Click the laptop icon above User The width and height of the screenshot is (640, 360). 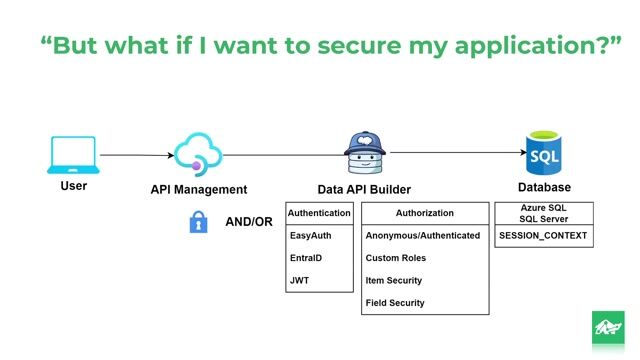coord(73,155)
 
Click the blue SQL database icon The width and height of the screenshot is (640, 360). coord(544,153)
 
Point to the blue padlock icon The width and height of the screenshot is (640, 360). coord(198,222)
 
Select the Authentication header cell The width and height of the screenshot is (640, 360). coord(320,213)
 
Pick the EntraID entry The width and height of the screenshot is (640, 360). coord(306,258)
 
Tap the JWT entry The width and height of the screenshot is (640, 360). coord(299,281)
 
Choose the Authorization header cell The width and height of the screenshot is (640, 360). coord(424,213)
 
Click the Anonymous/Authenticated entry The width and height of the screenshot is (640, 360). coord(425,236)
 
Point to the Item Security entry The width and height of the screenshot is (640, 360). coord(394,281)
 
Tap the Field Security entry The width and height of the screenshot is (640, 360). coord(395,303)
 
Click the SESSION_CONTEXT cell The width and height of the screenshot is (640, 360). coord(544,237)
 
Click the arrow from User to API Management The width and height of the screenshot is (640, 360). coord(136,155)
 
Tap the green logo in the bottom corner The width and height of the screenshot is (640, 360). coord(607,329)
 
